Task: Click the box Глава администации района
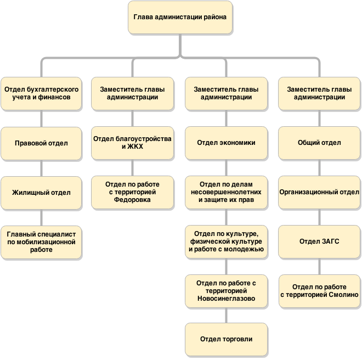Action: tap(180, 18)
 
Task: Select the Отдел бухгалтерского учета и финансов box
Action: tap(41, 94)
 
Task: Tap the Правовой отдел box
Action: tap(41, 143)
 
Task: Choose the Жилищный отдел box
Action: tap(41, 193)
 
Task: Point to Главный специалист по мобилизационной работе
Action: tap(41, 242)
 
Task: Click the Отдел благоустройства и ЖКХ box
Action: tap(132, 143)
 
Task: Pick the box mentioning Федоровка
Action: tap(132, 192)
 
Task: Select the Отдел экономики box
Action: tap(226, 143)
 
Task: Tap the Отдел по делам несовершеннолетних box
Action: tap(226, 192)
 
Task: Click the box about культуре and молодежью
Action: tap(226, 241)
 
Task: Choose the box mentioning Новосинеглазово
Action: tap(226, 291)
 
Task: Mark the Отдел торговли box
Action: tap(226, 340)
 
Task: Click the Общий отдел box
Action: tap(319, 143)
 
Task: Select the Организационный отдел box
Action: tap(319, 192)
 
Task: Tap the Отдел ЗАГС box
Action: tap(319, 241)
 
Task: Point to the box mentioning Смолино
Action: tap(319, 291)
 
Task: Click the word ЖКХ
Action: tap(135, 147)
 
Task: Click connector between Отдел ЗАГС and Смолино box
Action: tap(319, 267)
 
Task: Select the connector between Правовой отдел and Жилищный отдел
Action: tap(41, 168)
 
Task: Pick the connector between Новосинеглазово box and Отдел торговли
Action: tap(226, 316)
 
